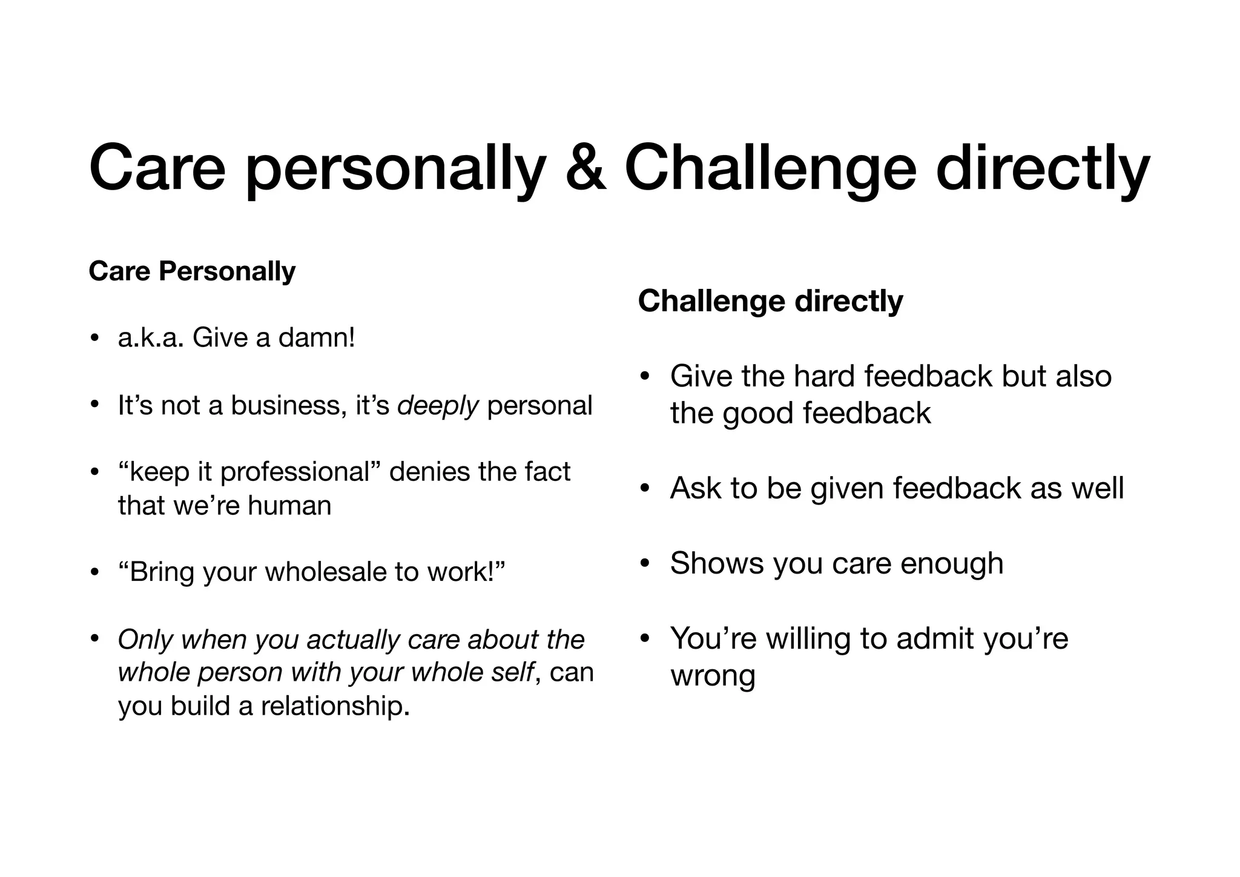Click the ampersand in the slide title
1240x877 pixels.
point(585,167)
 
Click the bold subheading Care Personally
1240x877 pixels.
point(192,271)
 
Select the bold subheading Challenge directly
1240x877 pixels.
point(770,301)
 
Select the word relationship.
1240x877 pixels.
point(335,706)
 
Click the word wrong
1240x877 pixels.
point(713,677)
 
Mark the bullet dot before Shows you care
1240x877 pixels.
point(645,564)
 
